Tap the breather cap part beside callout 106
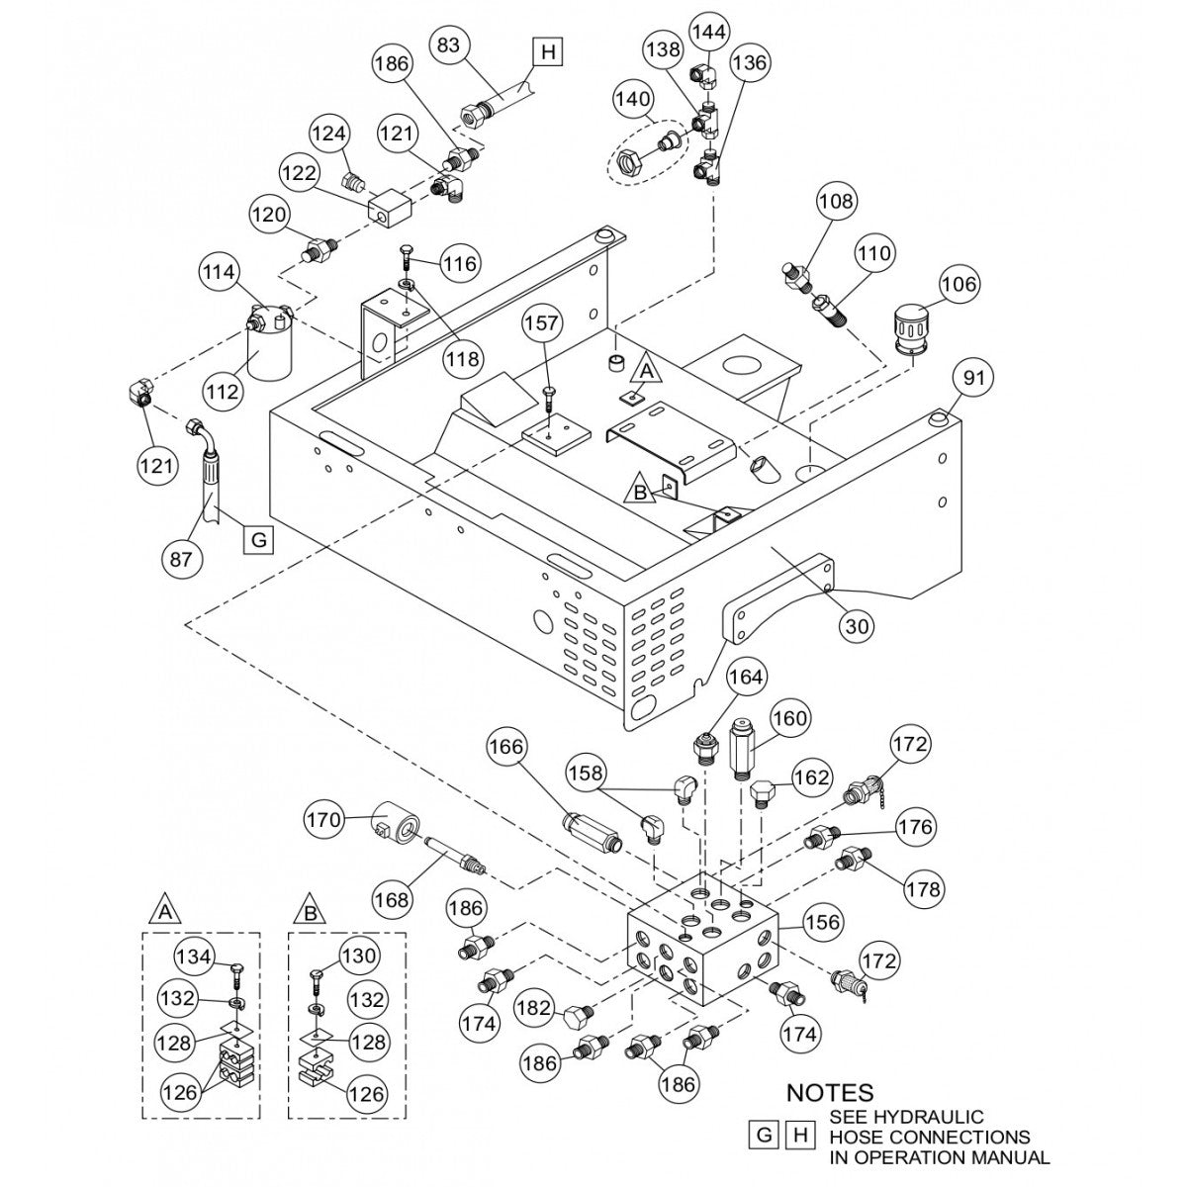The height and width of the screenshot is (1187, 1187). (911, 327)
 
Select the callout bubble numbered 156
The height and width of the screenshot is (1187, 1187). (823, 922)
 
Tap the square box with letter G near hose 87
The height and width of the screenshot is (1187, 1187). (257, 540)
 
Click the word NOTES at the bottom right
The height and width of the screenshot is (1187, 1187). (830, 1093)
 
